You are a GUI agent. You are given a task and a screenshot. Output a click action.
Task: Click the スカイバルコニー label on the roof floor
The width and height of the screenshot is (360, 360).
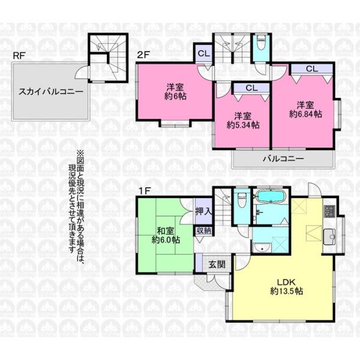(x=51, y=92)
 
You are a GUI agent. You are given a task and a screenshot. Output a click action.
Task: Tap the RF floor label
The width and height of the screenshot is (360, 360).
(x=19, y=56)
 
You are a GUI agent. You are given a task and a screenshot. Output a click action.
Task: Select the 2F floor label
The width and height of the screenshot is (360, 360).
(x=143, y=55)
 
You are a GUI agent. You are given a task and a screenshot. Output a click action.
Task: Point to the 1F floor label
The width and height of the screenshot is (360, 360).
(x=144, y=191)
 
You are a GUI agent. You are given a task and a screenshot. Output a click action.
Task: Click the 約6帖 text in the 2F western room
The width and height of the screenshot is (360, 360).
(x=175, y=96)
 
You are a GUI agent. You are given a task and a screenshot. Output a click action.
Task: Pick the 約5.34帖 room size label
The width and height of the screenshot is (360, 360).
(x=243, y=125)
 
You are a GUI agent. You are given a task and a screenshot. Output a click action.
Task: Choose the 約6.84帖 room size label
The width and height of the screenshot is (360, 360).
(x=305, y=114)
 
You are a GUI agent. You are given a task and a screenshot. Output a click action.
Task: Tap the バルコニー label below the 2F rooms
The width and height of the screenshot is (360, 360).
(x=283, y=158)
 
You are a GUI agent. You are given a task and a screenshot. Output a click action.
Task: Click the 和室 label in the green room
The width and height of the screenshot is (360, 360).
(x=166, y=231)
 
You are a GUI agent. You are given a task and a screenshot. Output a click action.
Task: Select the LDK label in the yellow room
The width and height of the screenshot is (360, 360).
(x=286, y=282)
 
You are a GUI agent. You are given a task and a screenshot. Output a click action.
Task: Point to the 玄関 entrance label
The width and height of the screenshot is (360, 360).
(x=217, y=265)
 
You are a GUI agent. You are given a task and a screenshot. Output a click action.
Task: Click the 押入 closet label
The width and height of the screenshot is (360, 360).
(x=204, y=211)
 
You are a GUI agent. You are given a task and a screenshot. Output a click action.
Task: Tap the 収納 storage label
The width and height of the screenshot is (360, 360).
(x=203, y=231)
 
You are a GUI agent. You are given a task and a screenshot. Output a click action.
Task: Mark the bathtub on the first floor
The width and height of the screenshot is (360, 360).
(x=271, y=197)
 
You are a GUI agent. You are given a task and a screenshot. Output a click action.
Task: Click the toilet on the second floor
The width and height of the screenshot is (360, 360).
(x=261, y=43)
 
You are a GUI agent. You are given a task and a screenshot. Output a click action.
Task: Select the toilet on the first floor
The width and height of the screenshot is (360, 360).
(x=242, y=199)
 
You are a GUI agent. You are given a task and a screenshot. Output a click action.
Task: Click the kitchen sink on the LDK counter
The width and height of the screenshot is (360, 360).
(x=329, y=237)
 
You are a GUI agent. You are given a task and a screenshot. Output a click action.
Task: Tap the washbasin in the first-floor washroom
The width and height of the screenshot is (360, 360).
(x=262, y=248)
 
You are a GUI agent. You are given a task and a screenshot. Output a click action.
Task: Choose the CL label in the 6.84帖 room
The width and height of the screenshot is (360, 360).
(x=312, y=68)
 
